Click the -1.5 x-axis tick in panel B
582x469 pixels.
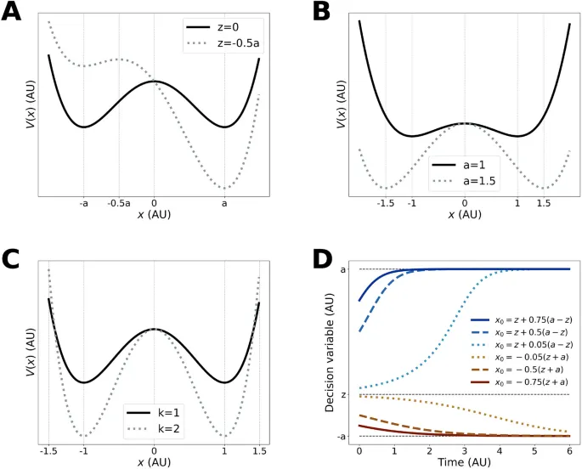[x=385, y=204]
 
